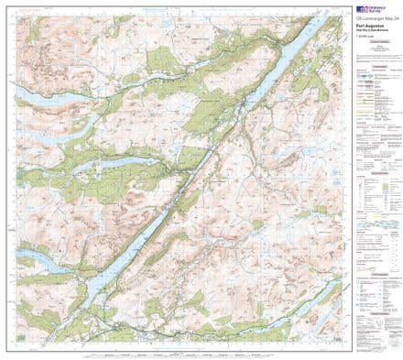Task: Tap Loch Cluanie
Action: [x=27, y=96]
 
